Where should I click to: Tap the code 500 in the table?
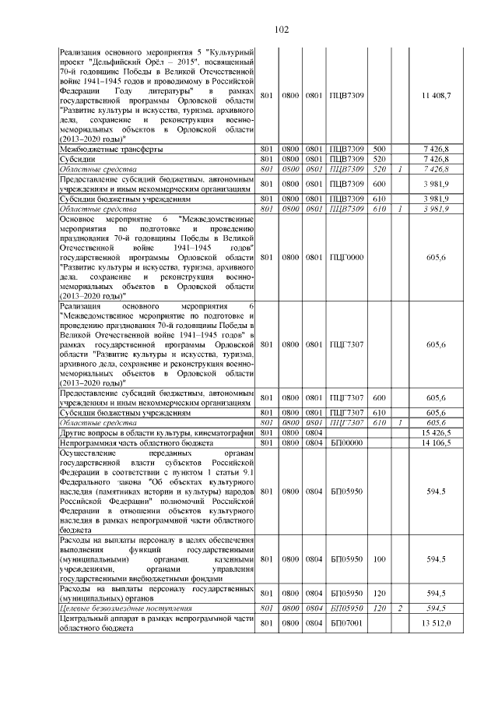pyautogui.click(x=380, y=148)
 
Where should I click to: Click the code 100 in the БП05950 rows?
pyautogui.click(x=380, y=559)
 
